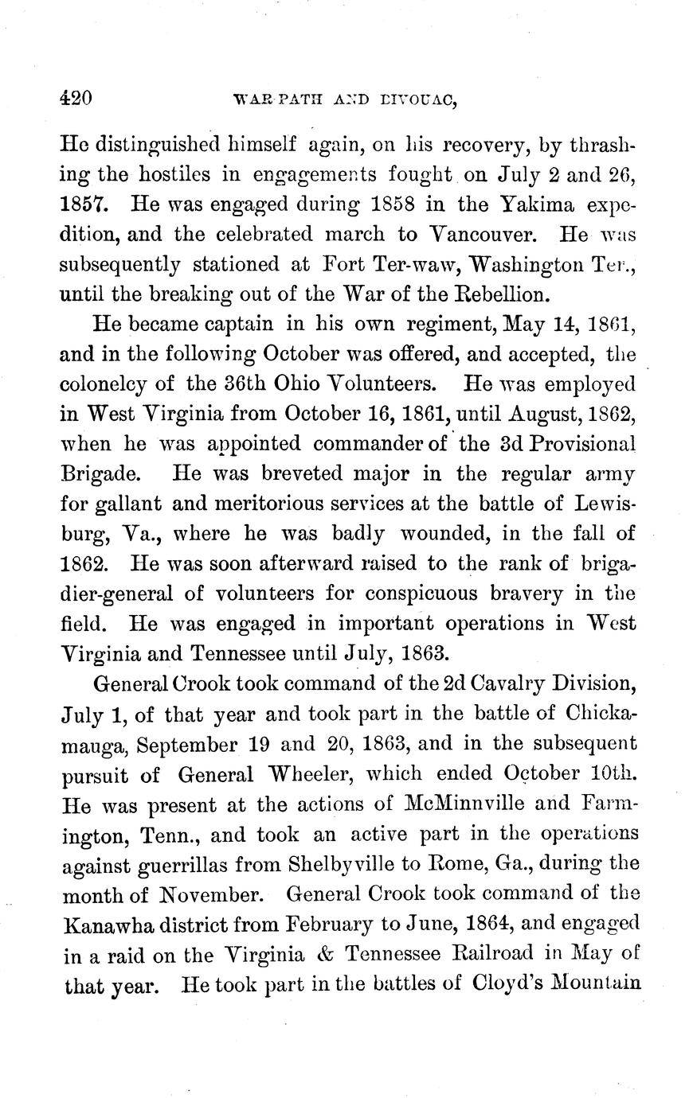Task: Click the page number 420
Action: tap(77, 99)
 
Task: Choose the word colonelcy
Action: tap(108, 383)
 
